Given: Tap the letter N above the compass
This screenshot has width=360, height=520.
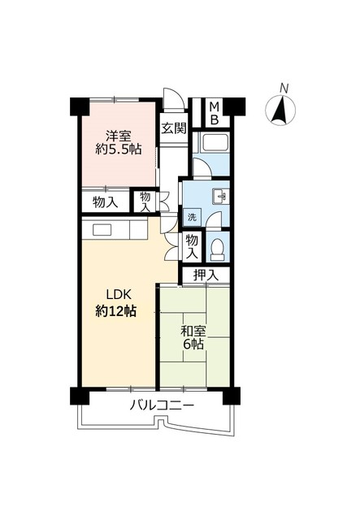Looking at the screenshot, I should tap(284, 88).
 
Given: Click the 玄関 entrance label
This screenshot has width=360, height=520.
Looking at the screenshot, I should tap(173, 128).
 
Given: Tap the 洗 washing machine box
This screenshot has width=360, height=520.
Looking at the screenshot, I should tap(192, 217).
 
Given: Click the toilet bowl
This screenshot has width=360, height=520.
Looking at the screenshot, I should tap(217, 247).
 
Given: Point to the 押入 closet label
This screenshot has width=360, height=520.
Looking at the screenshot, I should tap(206, 276).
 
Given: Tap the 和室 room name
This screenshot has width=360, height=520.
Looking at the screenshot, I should tap(193, 331).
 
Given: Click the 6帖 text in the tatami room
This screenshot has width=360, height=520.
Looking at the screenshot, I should tap(193, 346).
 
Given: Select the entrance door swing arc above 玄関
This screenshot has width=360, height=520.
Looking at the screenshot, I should tap(170, 101).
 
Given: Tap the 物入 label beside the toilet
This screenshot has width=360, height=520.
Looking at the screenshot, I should tap(191, 247).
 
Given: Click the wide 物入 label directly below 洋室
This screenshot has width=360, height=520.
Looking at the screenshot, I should tap(104, 201).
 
